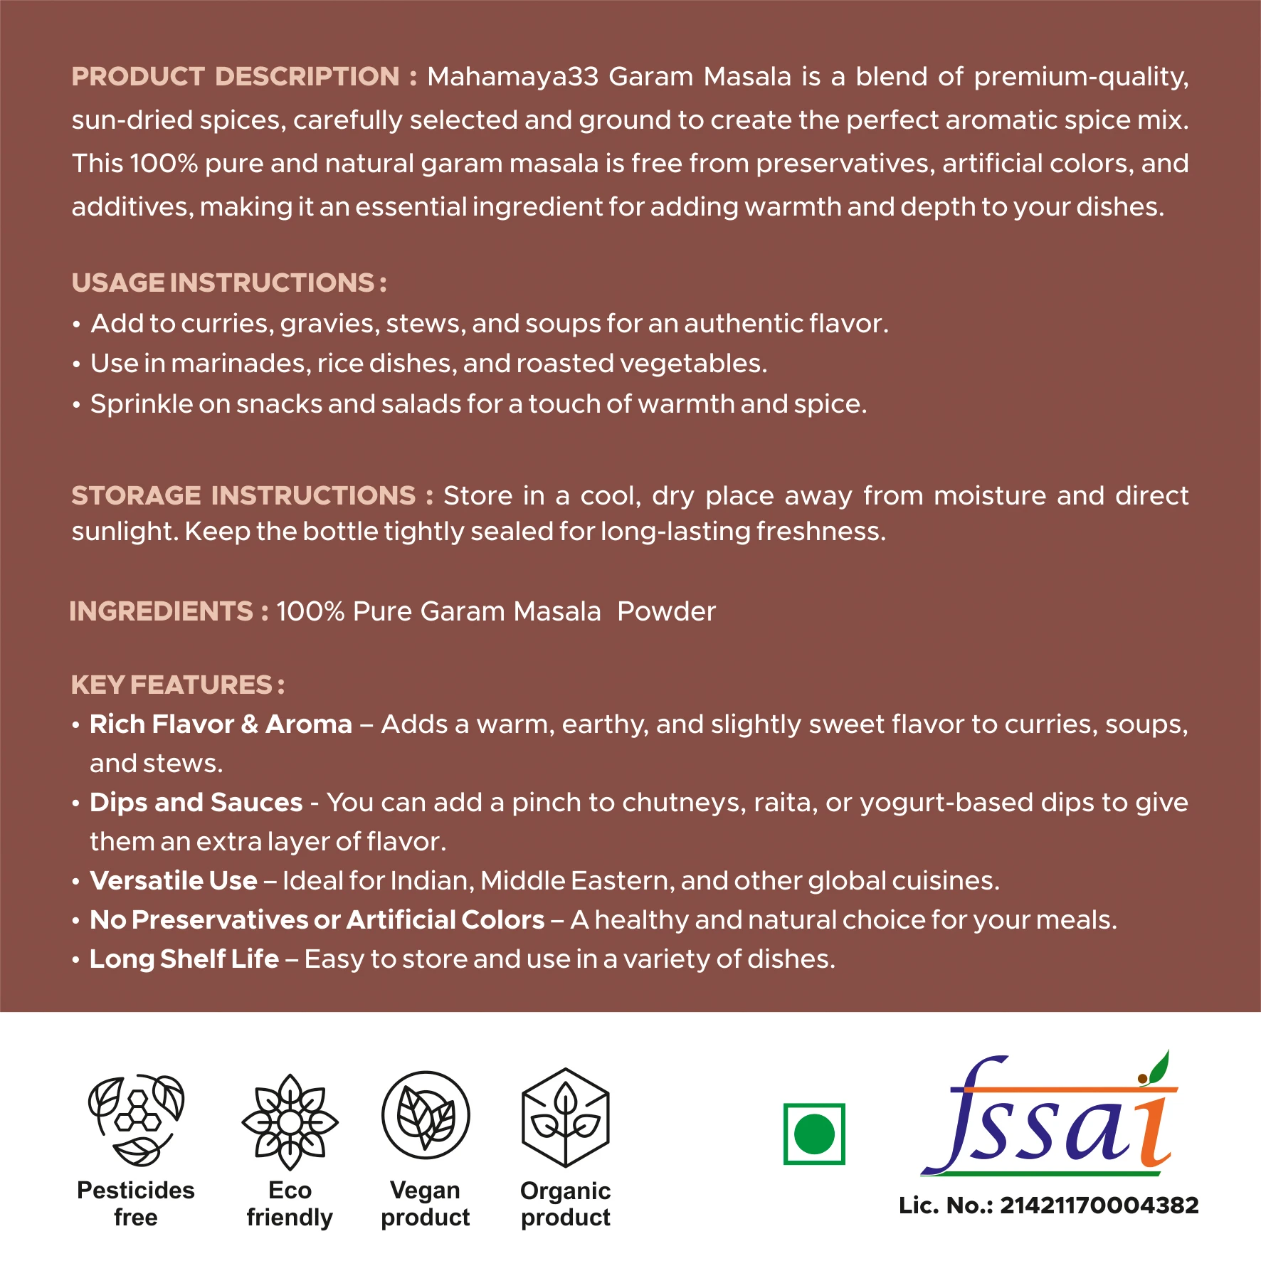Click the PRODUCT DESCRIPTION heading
(236, 77)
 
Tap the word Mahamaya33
(512, 77)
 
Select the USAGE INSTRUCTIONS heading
(223, 283)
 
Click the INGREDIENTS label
(162, 611)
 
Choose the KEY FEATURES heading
(172, 685)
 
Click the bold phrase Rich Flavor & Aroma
(221, 724)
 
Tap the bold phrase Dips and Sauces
(196, 803)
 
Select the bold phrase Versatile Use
(174, 881)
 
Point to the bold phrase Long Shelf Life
(184, 959)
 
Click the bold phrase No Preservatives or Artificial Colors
(317, 920)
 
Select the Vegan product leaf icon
(426, 1115)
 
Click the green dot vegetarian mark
(814, 1134)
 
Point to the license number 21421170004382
(1099, 1205)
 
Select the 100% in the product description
(164, 164)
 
